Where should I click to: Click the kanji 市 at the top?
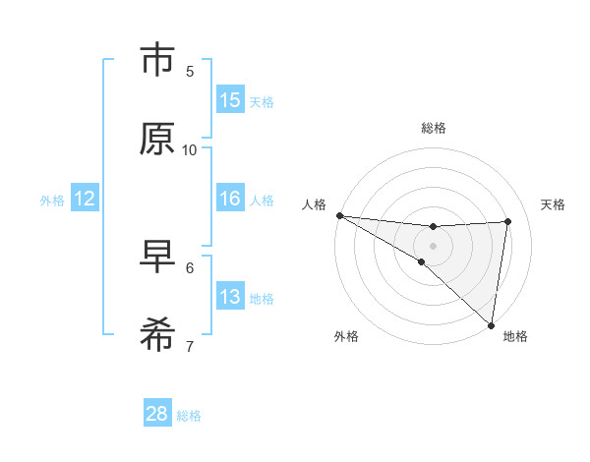[157, 62]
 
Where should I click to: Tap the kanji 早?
[157, 258]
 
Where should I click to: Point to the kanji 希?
[157, 336]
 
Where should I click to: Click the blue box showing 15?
[230, 100]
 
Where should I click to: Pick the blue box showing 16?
[230, 199]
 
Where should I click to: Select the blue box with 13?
[230, 297]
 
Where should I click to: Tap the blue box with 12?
[85, 199]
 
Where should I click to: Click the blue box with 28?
[157, 414]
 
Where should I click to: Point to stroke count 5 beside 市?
[190, 71]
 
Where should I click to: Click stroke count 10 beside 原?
[190, 149]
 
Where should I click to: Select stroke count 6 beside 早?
[190, 267]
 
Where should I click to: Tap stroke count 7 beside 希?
[190, 346]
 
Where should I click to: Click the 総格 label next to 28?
[189, 416]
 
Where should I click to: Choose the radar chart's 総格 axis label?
[433, 128]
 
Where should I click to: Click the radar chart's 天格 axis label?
[554, 204]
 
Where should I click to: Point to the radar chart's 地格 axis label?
[515, 336]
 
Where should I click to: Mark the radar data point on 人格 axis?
[339, 214]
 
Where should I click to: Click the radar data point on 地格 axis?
[491, 324]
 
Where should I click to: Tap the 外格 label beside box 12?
[52, 201]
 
